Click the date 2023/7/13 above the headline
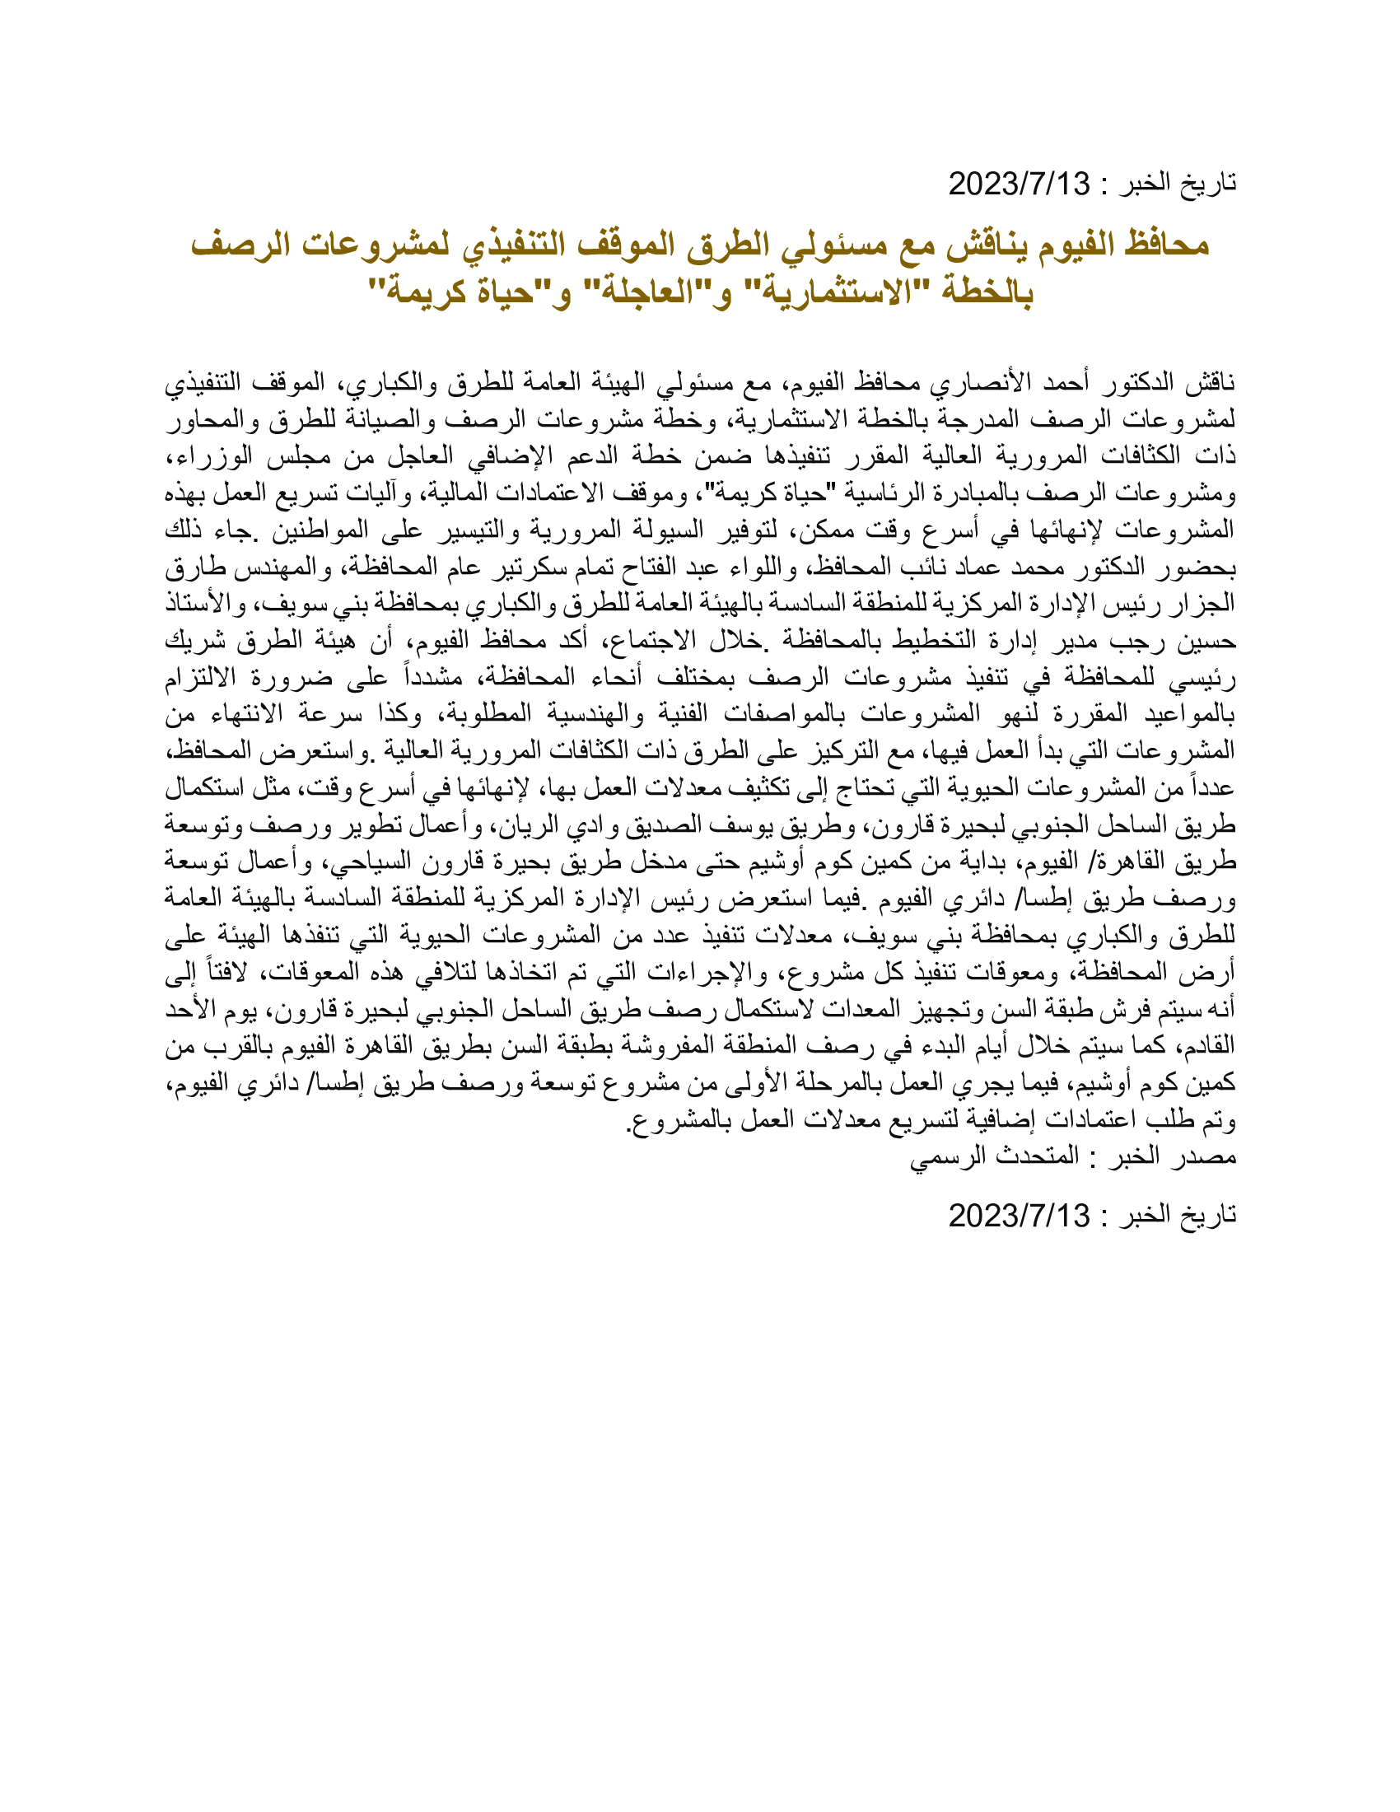click(1019, 184)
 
